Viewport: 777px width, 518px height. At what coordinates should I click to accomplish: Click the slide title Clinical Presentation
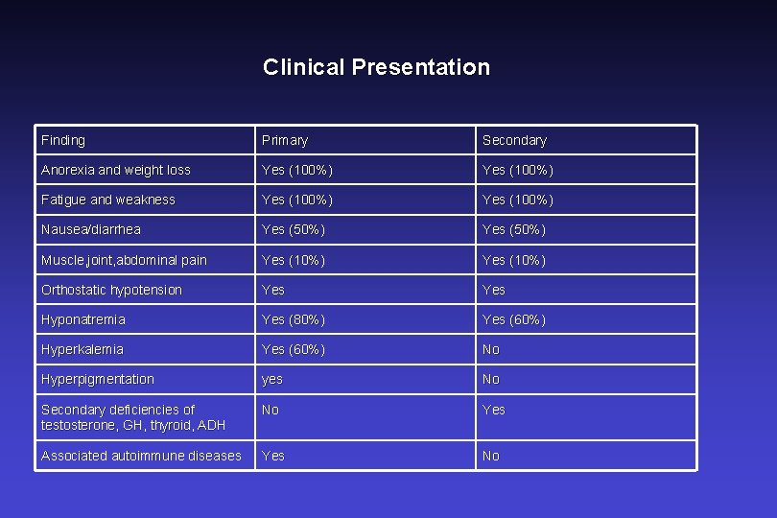coord(376,67)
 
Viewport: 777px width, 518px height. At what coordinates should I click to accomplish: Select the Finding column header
coord(63,140)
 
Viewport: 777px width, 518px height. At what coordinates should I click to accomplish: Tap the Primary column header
coord(285,140)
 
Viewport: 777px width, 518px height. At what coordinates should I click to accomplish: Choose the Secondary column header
coord(514,140)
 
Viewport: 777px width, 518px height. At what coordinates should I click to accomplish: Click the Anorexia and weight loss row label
coord(116,170)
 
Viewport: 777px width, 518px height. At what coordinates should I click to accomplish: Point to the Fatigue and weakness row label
coord(108,200)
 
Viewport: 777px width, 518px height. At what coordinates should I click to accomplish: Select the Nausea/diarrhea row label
coord(91,229)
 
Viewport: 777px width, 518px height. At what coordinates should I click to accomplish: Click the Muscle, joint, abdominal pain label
coord(124,260)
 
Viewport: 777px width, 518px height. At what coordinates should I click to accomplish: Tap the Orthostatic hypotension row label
coord(111,290)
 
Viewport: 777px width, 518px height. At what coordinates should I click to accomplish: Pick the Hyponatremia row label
coord(83,319)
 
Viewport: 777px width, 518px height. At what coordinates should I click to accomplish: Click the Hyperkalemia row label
coord(82,349)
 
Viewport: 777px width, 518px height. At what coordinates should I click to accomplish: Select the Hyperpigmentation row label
coord(98,379)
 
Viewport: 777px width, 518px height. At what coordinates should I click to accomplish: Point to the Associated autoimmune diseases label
coord(141,456)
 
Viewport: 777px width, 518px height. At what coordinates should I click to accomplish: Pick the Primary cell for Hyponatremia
coord(294,319)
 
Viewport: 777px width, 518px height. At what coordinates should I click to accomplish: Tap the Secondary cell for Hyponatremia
coord(514,319)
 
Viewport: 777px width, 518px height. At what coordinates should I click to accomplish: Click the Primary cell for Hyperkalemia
coord(294,349)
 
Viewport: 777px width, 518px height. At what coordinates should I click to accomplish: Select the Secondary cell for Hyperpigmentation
coord(491,379)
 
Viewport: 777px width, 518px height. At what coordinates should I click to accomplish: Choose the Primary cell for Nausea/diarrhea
coord(294,229)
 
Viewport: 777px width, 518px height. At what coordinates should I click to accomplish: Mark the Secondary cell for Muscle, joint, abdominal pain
coord(514,260)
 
